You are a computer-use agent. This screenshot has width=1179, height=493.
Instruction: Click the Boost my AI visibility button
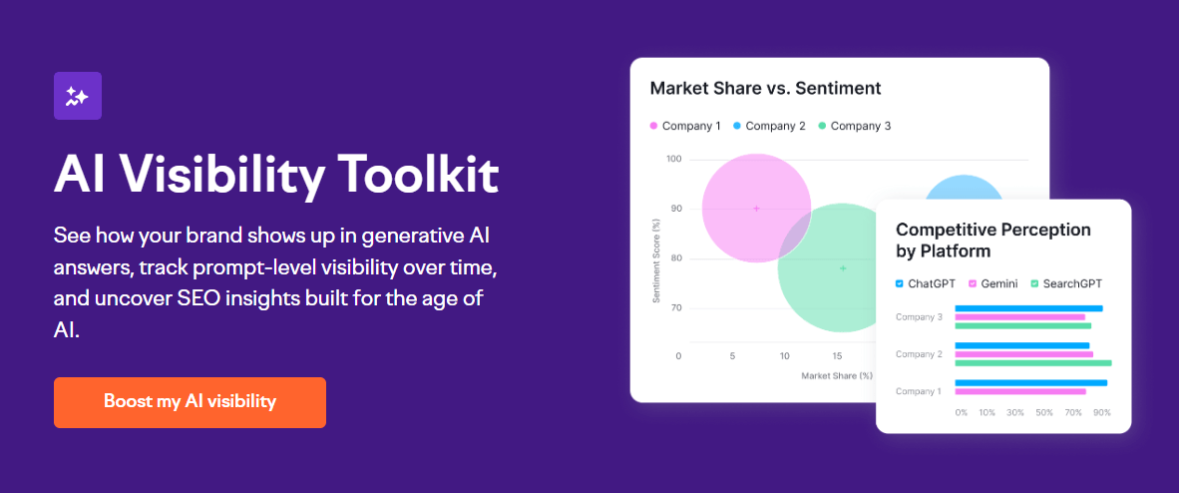pos(190,402)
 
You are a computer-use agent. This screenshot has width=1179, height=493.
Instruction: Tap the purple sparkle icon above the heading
pos(78,96)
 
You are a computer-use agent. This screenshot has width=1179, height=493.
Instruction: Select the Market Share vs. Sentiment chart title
pos(765,88)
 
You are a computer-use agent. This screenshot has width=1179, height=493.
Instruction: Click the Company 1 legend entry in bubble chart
pos(684,126)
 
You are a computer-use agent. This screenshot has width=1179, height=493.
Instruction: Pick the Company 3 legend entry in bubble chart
pos(854,126)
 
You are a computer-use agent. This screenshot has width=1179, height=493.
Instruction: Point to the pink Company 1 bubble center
pos(756,209)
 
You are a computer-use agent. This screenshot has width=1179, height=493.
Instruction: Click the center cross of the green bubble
pos(843,267)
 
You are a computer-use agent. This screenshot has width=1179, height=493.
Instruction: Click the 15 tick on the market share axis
pos(837,356)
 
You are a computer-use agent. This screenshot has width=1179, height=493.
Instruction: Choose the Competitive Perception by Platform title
pos(993,241)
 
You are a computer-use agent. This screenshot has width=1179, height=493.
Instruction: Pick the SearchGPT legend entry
pos(1066,283)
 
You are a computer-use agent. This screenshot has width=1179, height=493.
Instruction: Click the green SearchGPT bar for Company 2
pos(1032,362)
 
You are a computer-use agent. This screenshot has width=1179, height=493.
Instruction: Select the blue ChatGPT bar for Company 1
pos(1030,382)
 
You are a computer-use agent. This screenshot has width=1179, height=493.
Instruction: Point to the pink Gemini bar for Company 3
pos(1019,317)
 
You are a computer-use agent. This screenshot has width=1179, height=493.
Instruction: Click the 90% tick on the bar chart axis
pos(1102,412)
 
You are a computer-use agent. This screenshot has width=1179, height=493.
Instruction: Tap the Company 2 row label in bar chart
pos(919,354)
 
